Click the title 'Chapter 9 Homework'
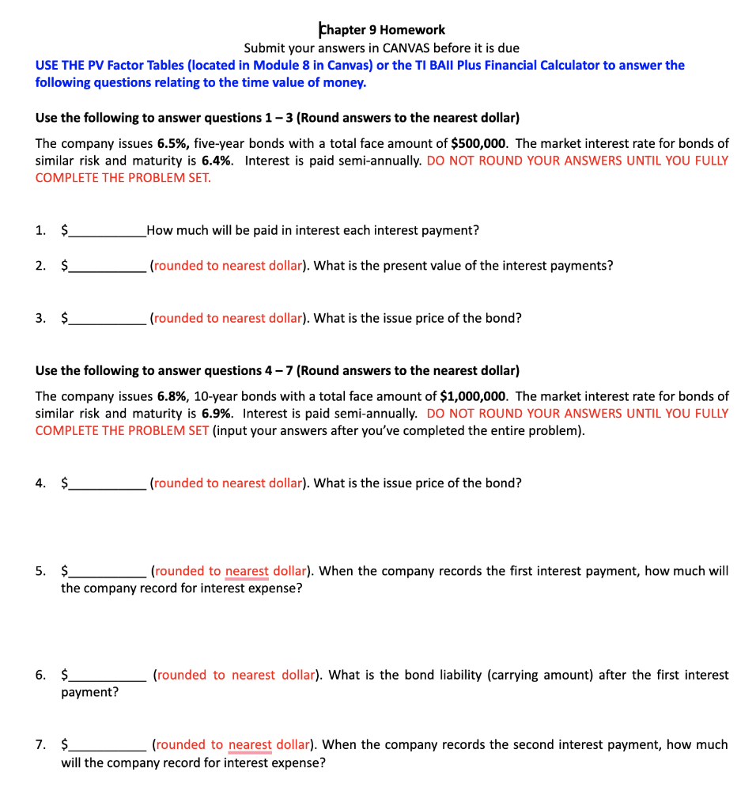(x=381, y=30)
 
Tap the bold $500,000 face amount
(x=479, y=143)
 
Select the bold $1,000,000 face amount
(x=473, y=396)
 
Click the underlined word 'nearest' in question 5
(x=247, y=571)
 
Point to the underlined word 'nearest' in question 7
(x=250, y=745)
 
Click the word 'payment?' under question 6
(x=90, y=693)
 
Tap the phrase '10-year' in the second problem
(x=226, y=396)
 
